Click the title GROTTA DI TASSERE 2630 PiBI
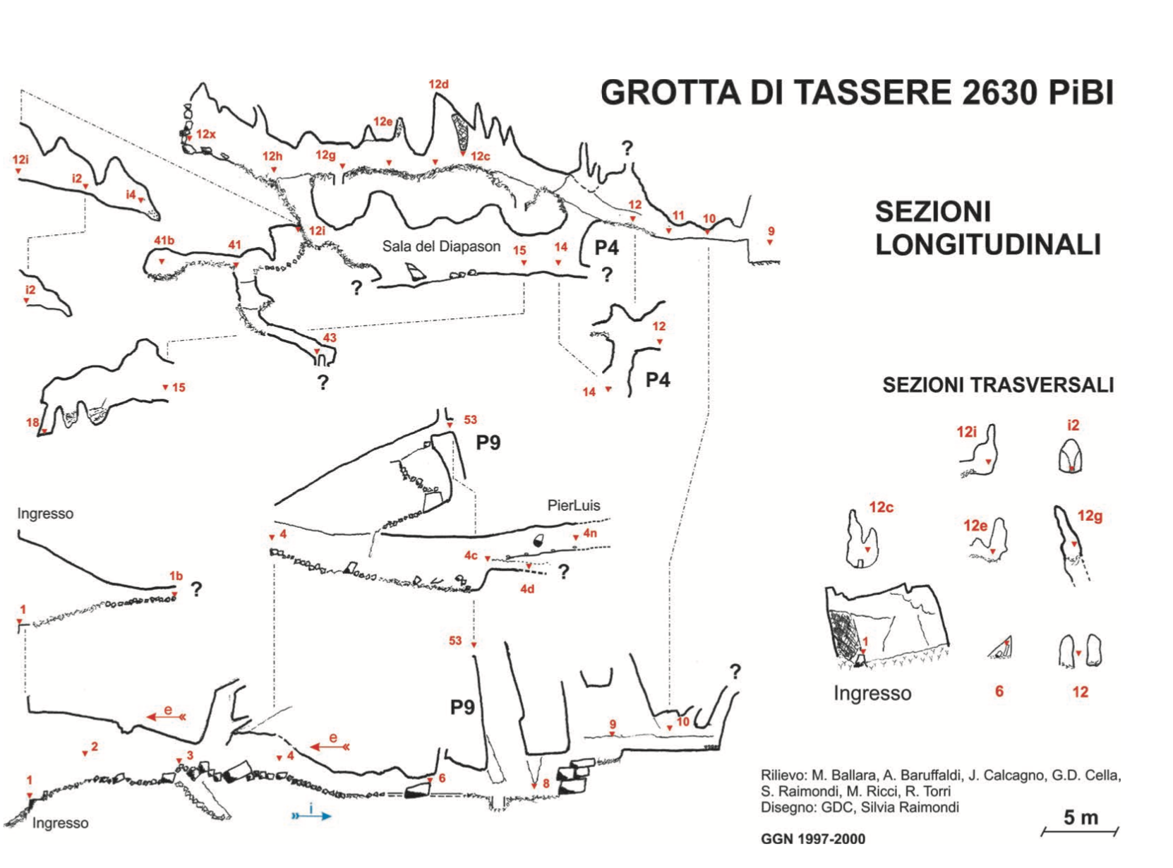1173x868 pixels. click(856, 93)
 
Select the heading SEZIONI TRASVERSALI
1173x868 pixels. click(997, 385)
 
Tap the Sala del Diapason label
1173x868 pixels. click(441, 246)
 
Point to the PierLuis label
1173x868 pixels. click(573, 506)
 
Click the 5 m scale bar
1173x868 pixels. click(1079, 831)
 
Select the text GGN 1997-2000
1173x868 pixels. click(813, 839)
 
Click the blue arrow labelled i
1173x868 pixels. click(311, 816)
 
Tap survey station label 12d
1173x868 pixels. click(438, 84)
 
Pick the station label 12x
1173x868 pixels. click(205, 134)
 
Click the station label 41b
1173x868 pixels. click(164, 241)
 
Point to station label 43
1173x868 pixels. click(330, 337)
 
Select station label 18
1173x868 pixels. click(32, 422)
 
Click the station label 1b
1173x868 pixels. click(176, 576)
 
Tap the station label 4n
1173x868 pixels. click(589, 534)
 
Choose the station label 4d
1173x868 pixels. click(527, 589)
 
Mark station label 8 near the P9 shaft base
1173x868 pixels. click(546, 783)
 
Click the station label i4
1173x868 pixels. click(131, 195)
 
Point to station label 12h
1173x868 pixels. click(272, 156)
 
